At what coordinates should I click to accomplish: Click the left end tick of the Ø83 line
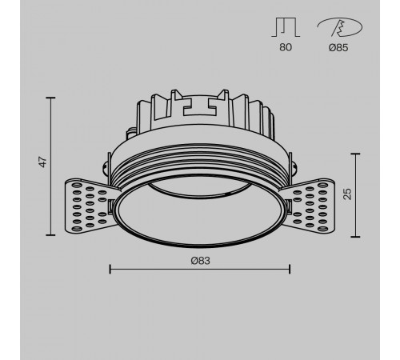point(110,268)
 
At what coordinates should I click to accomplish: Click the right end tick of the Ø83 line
point(289,268)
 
